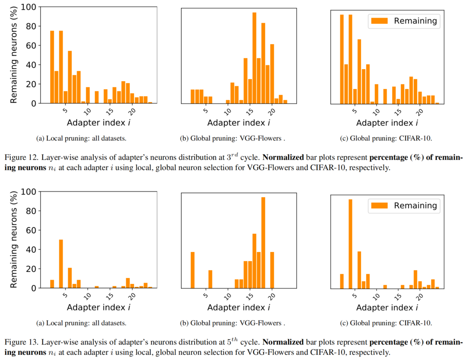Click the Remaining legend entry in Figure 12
[404, 21]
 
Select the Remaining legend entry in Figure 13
[404, 206]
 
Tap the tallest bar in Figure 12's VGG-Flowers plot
[254, 58]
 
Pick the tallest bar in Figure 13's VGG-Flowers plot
[263, 242]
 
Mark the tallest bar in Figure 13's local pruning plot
[61, 264]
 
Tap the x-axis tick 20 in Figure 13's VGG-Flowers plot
[272, 296]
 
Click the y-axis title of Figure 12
[14, 55]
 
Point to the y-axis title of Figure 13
[14, 240]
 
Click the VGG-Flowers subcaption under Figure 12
[233, 139]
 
